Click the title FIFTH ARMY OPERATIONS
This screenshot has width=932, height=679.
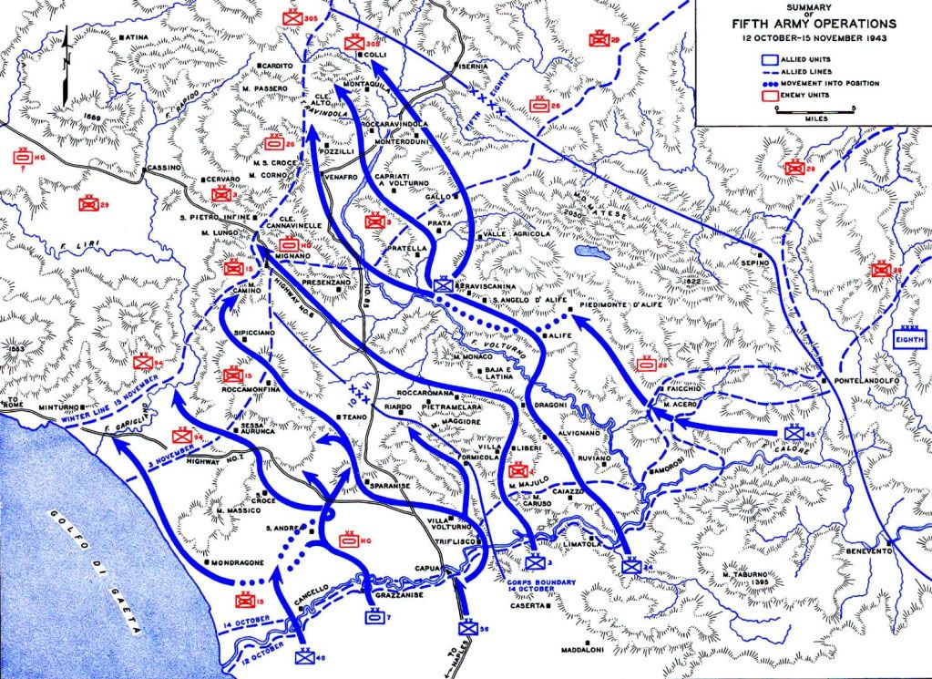coord(814,24)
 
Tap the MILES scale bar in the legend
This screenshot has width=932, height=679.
coord(810,110)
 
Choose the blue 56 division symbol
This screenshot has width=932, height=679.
coord(466,627)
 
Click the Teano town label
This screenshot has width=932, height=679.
coord(353,416)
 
